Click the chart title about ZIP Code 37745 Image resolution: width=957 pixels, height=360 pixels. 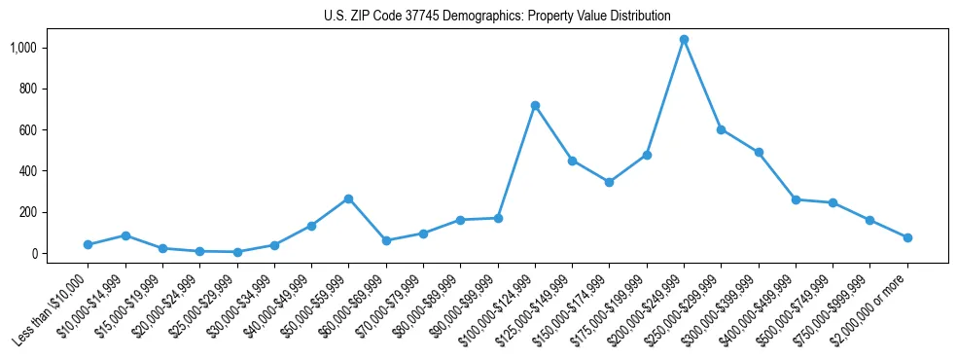point(497,17)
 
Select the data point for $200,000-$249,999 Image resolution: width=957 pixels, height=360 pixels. point(684,40)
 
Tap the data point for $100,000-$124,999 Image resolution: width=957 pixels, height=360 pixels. point(535,105)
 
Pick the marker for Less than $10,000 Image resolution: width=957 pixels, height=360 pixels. point(88,244)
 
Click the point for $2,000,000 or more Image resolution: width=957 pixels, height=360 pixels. point(907,237)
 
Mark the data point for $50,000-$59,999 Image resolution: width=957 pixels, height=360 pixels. point(348,198)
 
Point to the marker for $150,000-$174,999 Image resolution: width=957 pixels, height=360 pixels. point(609,182)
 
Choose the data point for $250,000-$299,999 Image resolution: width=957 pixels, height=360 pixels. point(721,129)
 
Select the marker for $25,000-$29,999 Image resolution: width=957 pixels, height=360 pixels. point(236,252)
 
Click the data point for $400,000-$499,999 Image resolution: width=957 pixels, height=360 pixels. point(796,199)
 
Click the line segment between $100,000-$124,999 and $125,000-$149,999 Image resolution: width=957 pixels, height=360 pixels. point(553,132)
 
